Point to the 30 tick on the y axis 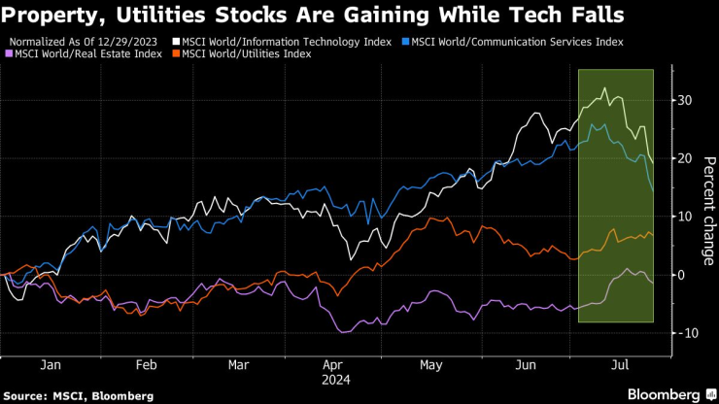coord(685,100)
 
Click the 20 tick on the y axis coord(685,158)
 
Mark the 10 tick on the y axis coord(685,217)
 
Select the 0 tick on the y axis coord(681,275)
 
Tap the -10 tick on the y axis coord(687,333)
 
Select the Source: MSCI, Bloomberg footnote coord(80,395)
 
